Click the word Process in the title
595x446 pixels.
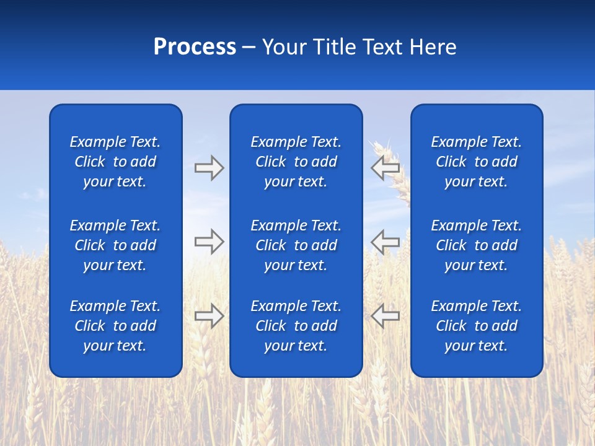pyautogui.click(x=195, y=47)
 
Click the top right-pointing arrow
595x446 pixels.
pyautogui.click(x=209, y=168)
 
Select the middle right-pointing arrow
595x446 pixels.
pyautogui.click(x=209, y=242)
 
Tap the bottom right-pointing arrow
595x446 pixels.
pyautogui.click(x=209, y=316)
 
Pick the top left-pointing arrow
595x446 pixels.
pyautogui.click(x=386, y=168)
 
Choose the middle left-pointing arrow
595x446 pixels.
pyautogui.click(x=386, y=242)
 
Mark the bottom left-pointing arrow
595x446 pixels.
pyautogui.click(x=386, y=316)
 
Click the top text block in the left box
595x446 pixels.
pyautogui.click(x=115, y=162)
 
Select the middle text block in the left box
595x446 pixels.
pyautogui.click(x=115, y=245)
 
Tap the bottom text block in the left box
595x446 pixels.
pyautogui.click(x=115, y=326)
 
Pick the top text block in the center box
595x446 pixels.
pyautogui.click(x=296, y=162)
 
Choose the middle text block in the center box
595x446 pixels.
pyautogui.click(x=296, y=245)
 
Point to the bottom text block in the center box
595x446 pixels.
pyautogui.click(x=296, y=326)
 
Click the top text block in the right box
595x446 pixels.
pyautogui.click(x=477, y=162)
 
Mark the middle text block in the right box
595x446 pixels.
pyautogui.click(x=477, y=245)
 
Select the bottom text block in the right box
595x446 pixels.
pyautogui.click(x=477, y=326)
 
